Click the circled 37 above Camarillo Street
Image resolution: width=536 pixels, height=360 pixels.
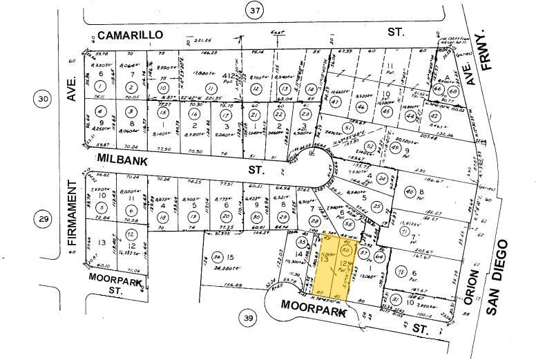256,10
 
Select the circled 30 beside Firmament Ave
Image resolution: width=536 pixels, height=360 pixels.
43,100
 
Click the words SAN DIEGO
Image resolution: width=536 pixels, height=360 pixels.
501,276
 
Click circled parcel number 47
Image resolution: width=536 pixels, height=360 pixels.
336,102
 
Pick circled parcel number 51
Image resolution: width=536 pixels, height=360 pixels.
350,130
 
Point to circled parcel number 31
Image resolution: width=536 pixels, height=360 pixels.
396,299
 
